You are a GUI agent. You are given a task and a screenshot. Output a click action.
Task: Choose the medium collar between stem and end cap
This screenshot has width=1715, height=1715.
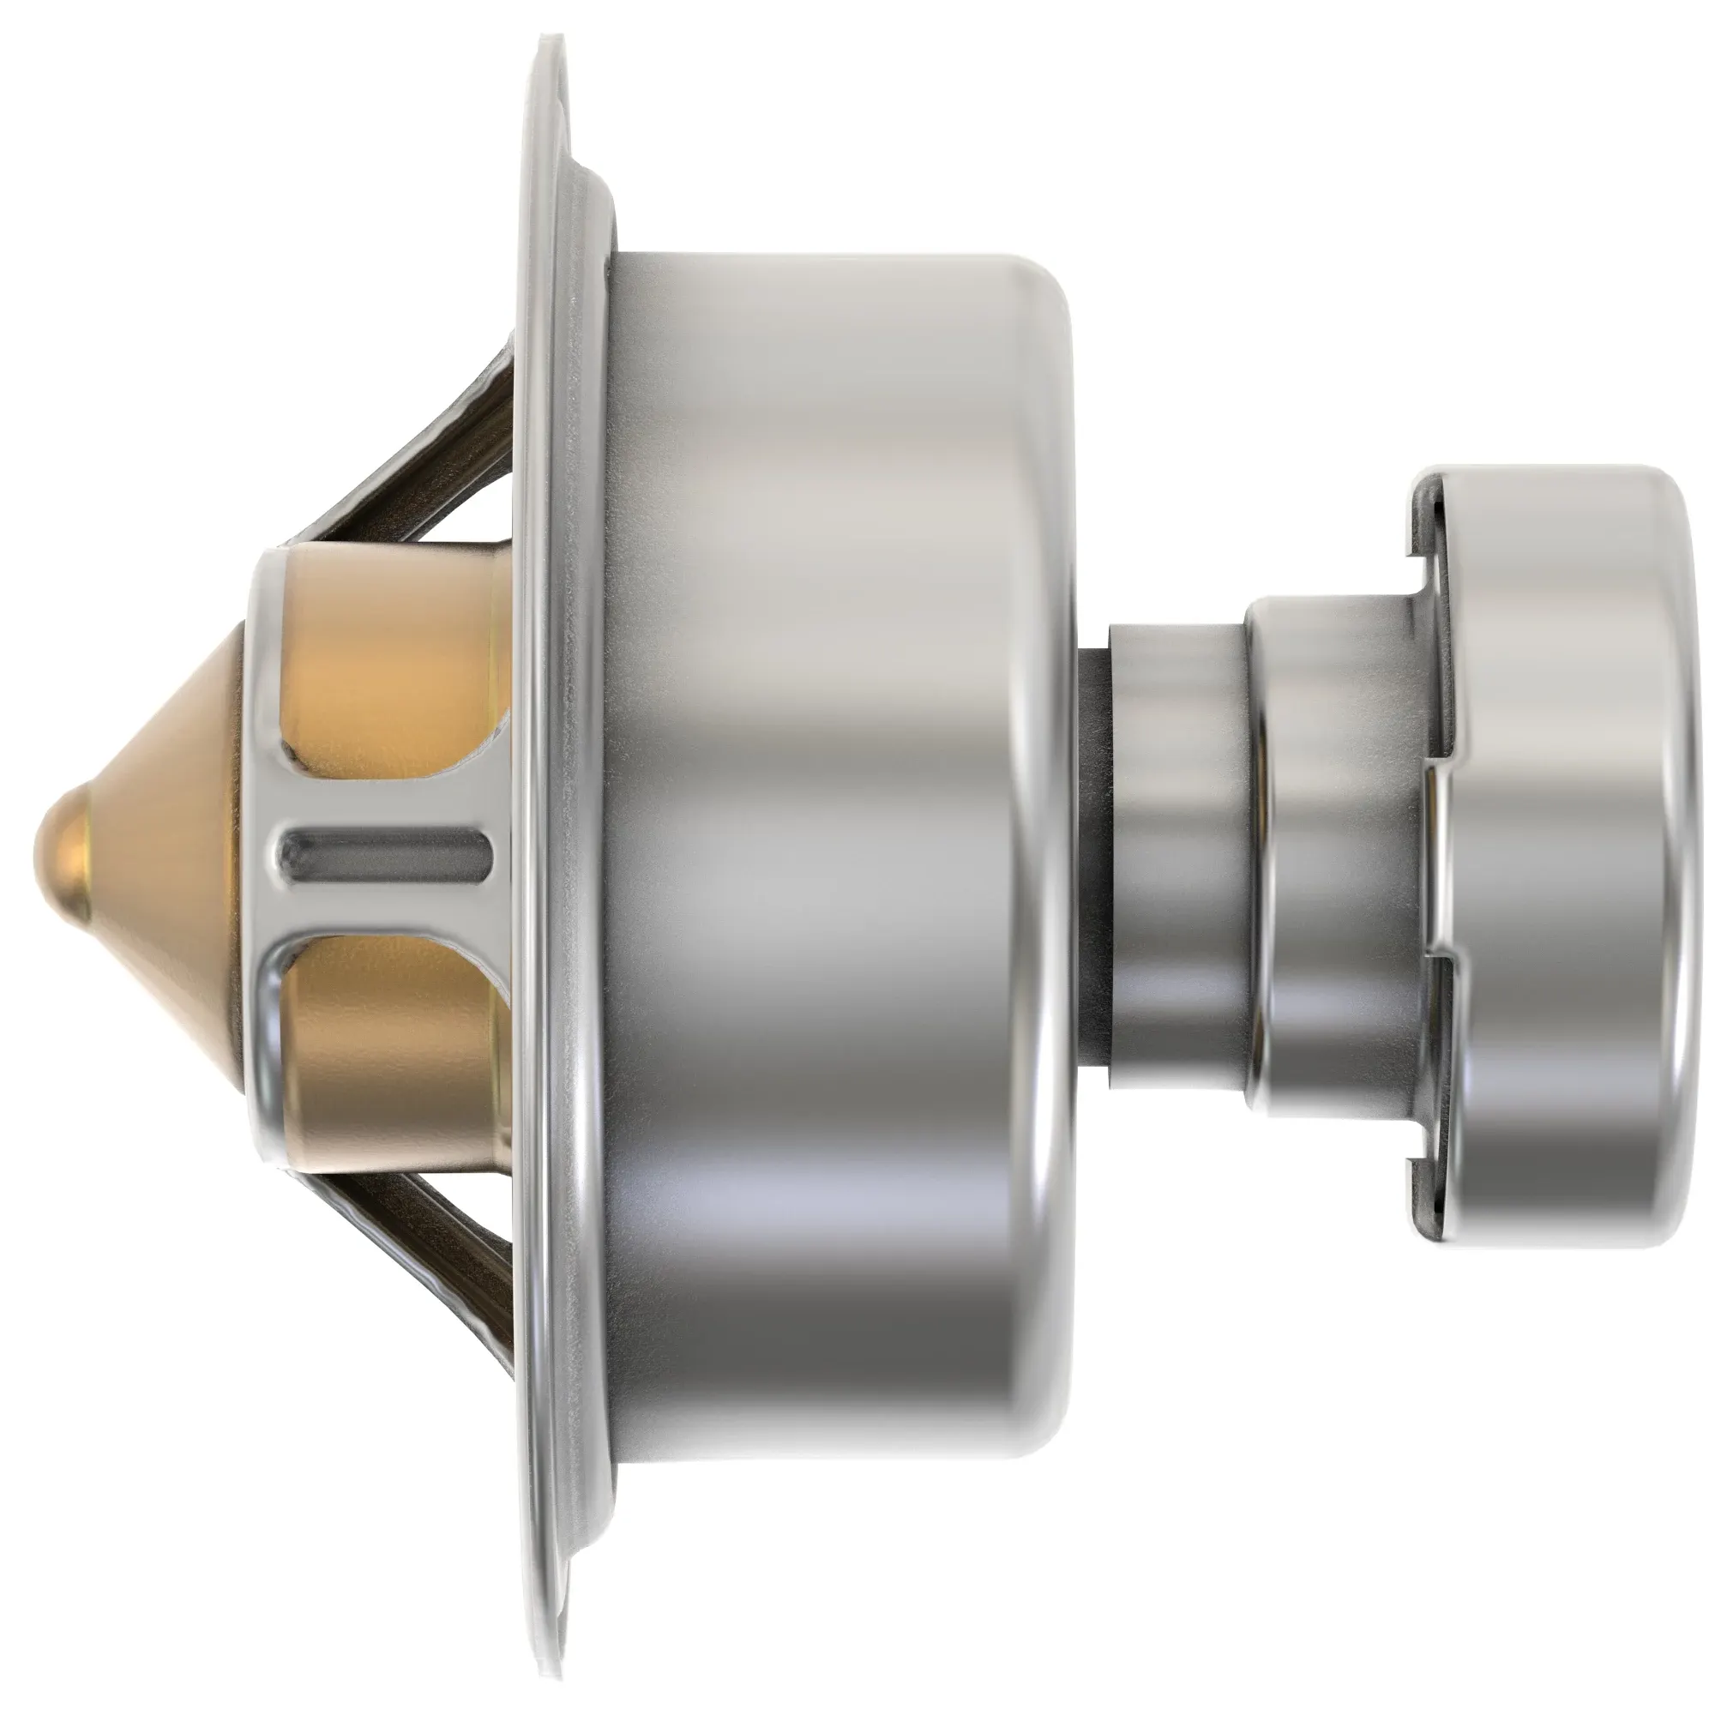pyautogui.click(x=1332, y=852)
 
